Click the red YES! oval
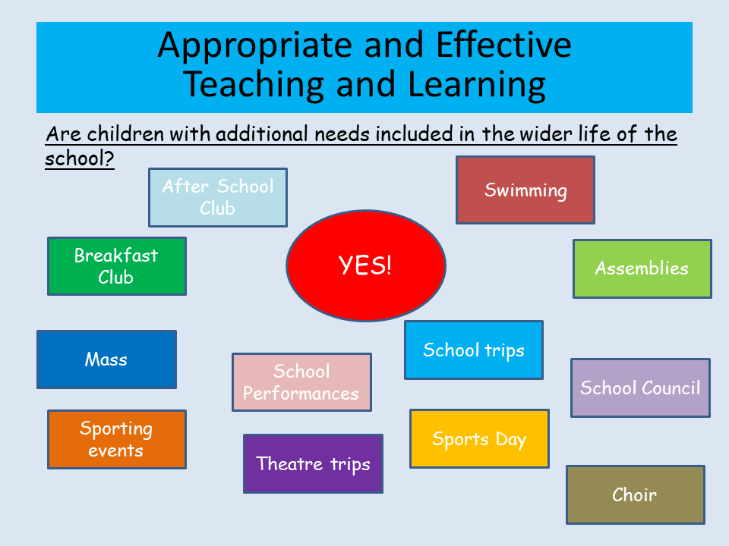(x=366, y=265)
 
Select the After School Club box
(x=218, y=197)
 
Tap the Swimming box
(x=525, y=190)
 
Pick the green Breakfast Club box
(x=117, y=266)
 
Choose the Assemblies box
(x=642, y=268)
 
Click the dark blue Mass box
(x=106, y=359)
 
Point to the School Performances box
(x=301, y=382)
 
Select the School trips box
(x=474, y=350)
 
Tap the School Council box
(x=640, y=388)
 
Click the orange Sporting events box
(x=117, y=439)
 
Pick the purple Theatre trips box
(x=313, y=463)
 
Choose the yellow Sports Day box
(x=479, y=438)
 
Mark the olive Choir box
(x=635, y=494)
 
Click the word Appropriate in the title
(x=255, y=46)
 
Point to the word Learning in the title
(x=477, y=86)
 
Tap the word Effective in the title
(x=504, y=45)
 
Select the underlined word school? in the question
(x=80, y=158)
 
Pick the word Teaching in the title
(x=254, y=86)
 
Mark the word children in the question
(x=125, y=134)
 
